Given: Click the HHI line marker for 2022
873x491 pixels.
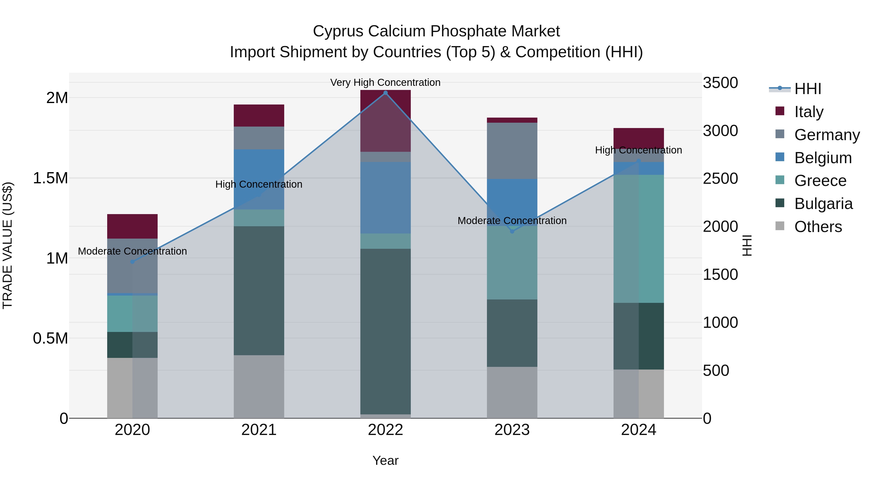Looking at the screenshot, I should pos(385,93).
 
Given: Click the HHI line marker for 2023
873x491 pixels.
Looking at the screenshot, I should pos(512,232).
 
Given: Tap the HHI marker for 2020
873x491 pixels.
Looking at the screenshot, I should pos(132,262).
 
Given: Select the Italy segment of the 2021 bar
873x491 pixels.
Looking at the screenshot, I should pos(259,116).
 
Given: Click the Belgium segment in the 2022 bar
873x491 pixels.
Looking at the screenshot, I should pos(385,198).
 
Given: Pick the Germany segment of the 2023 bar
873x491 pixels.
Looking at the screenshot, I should pos(512,151).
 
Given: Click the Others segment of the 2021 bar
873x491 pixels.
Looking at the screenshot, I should pos(259,386).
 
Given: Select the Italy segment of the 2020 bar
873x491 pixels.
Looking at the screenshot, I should pos(132,226).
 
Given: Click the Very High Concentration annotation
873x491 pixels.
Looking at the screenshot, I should pos(385,82).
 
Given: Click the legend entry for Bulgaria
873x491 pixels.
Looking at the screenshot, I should pos(823,204).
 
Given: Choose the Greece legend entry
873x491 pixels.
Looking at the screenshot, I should pos(820,181).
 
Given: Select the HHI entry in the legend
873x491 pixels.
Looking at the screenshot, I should pos(808,89).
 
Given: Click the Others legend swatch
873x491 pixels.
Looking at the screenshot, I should pos(780,226).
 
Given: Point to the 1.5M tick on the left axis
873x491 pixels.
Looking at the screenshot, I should pos(50,178).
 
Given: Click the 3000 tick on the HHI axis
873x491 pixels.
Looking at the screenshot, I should pos(720,131).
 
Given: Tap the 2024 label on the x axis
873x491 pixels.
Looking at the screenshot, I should pos(639,430).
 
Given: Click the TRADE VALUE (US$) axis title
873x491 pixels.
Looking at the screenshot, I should pos(8,245).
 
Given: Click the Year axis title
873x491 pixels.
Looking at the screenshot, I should pos(385,460).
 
